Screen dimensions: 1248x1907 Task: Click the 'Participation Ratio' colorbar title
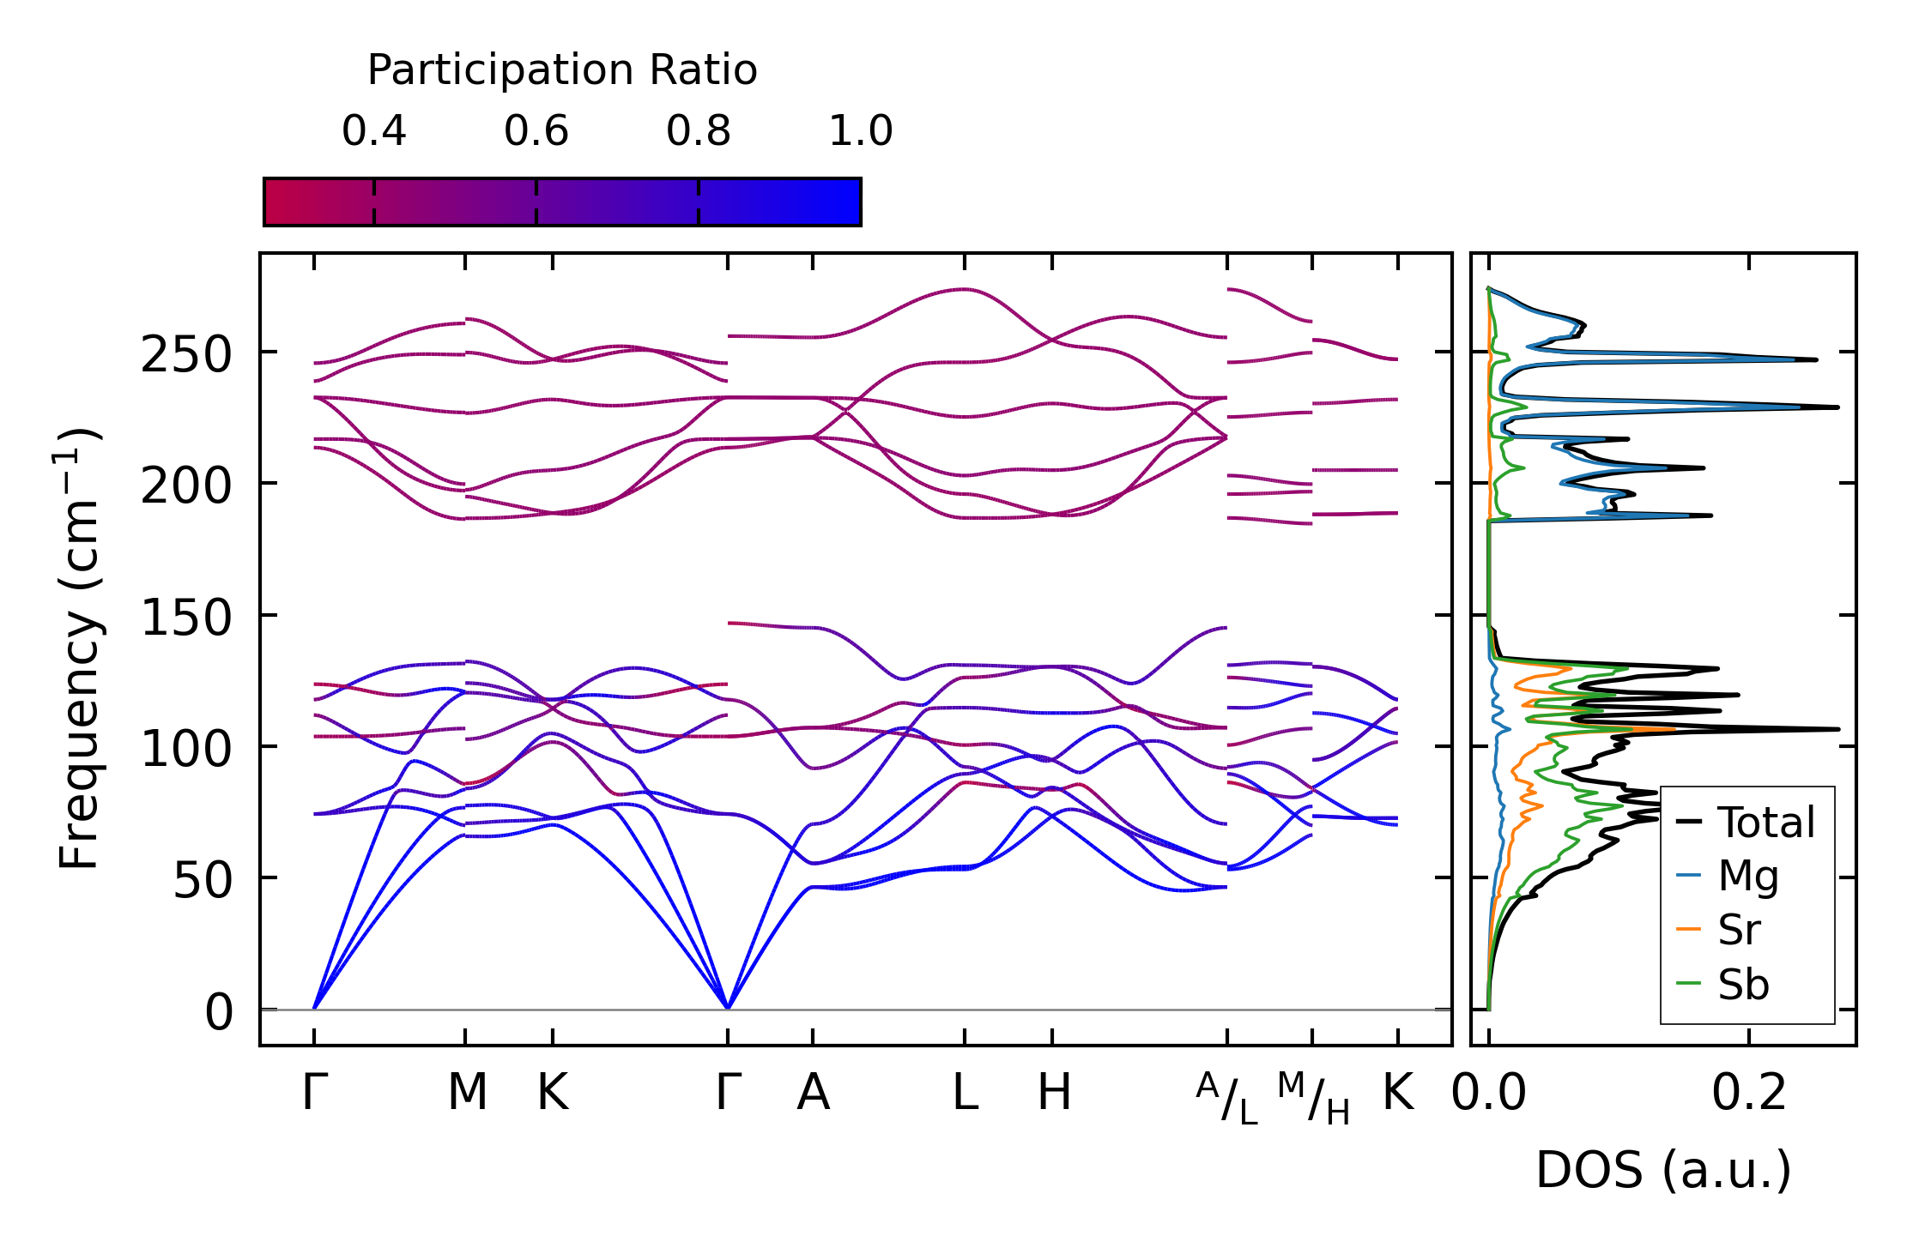(x=562, y=69)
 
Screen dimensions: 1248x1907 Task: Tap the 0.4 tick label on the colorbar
(x=373, y=131)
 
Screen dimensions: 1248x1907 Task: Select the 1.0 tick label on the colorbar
(x=860, y=131)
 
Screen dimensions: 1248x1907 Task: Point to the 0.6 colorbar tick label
(x=536, y=131)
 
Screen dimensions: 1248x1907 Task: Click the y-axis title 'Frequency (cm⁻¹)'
(x=80, y=648)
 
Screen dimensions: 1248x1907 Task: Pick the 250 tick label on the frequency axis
(x=186, y=354)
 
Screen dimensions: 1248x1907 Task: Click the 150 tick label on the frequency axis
(x=186, y=618)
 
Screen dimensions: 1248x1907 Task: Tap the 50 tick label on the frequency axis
(x=203, y=880)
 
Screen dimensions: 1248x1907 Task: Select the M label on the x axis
(x=467, y=1093)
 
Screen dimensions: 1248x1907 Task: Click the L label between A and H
(x=966, y=1093)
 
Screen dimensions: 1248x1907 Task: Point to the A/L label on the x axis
(x=1227, y=1098)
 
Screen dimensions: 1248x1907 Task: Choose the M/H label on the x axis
(x=1313, y=1098)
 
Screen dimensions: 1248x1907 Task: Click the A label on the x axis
(x=813, y=1093)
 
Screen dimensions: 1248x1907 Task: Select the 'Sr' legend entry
(x=1739, y=930)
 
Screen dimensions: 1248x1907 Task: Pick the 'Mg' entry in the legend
(x=1747, y=876)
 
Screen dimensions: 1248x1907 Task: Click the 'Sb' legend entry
(x=1742, y=985)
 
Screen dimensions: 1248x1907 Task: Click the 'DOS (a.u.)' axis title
(x=1663, y=1170)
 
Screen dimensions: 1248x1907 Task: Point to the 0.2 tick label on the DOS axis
(x=1749, y=1093)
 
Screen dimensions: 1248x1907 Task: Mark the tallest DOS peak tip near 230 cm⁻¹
(x=1837, y=407)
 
